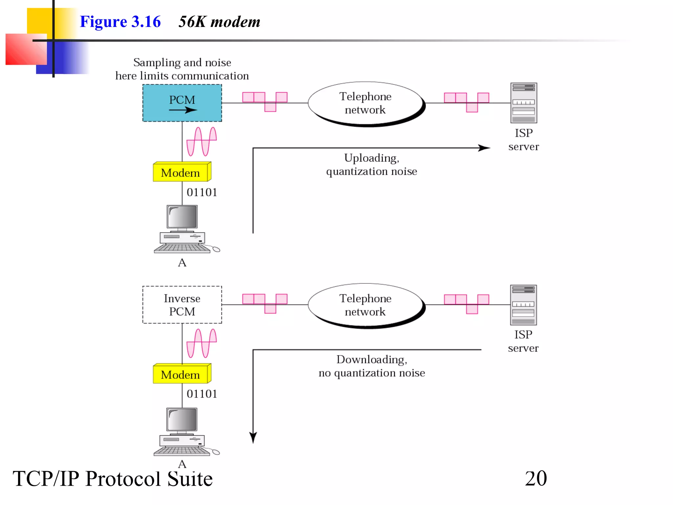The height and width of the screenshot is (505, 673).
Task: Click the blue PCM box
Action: [x=182, y=103]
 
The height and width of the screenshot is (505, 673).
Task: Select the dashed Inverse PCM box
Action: [x=182, y=304]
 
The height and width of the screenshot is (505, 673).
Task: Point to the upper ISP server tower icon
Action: [x=523, y=103]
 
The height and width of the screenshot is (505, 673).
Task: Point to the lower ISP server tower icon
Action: [x=523, y=305]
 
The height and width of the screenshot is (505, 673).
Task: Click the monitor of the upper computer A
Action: [x=182, y=217]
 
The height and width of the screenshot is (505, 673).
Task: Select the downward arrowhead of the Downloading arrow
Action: [x=253, y=438]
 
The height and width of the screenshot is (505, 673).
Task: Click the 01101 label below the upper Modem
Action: [x=202, y=192]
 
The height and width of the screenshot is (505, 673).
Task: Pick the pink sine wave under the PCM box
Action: [x=201, y=141]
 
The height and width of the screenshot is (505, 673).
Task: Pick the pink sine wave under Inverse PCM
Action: [x=201, y=343]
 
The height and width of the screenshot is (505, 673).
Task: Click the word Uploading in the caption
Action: [x=371, y=158]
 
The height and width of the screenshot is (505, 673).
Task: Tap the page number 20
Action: [x=536, y=478]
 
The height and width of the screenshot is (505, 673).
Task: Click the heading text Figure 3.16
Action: [x=120, y=22]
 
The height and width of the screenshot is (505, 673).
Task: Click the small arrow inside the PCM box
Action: [x=183, y=110]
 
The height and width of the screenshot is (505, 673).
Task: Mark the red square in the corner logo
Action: [x=26, y=49]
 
